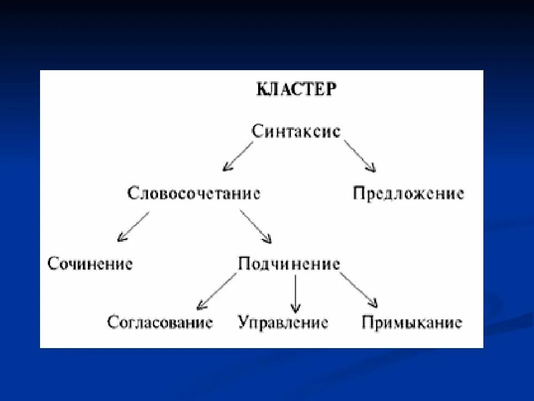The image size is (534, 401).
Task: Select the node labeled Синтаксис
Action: click(295, 132)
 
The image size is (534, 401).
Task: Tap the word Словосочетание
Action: click(194, 194)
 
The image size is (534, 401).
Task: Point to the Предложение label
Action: click(408, 194)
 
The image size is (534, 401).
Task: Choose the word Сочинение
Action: click(90, 263)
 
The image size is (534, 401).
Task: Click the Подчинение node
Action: click(289, 263)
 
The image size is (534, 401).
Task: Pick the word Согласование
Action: click(160, 322)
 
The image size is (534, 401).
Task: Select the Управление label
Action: click(283, 322)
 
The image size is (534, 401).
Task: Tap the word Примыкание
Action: click(412, 322)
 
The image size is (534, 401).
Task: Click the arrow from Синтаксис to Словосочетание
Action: click(238, 156)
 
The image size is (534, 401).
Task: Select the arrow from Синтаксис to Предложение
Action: click(359, 155)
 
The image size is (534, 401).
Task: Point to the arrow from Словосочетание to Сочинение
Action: click(133, 227)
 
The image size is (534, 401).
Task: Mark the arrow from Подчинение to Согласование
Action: click(216, 291)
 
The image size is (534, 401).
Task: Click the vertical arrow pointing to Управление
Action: click(295, 292)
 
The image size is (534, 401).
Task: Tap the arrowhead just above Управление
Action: click(295, 307)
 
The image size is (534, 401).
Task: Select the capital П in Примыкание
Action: click(368, 322)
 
